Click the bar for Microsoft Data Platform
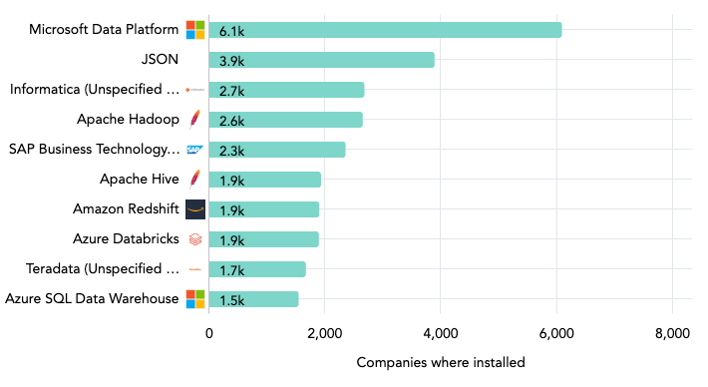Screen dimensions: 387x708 [385, 30]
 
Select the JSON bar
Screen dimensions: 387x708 [321, 60]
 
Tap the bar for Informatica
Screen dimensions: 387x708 [286, 90]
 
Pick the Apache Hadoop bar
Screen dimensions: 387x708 [285, 120]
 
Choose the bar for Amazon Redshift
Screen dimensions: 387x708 [263, 209]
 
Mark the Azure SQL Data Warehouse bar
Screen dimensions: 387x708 [253, 299]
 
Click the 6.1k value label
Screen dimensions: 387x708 [232, 31]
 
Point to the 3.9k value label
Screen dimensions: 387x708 [232, 61]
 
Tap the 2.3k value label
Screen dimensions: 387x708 [232, 151]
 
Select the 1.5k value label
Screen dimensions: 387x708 [232, 300]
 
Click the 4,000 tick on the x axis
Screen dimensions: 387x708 [441, 333]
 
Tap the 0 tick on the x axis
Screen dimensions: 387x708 [209, 333]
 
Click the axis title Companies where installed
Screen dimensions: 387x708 [440, 362]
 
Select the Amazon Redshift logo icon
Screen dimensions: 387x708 [195, 209]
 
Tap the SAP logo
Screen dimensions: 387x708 [195, 150]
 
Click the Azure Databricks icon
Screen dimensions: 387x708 [195, 239]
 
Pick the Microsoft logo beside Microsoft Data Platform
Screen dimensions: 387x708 [195, 30]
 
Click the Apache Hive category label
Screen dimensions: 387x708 [139, 180]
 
